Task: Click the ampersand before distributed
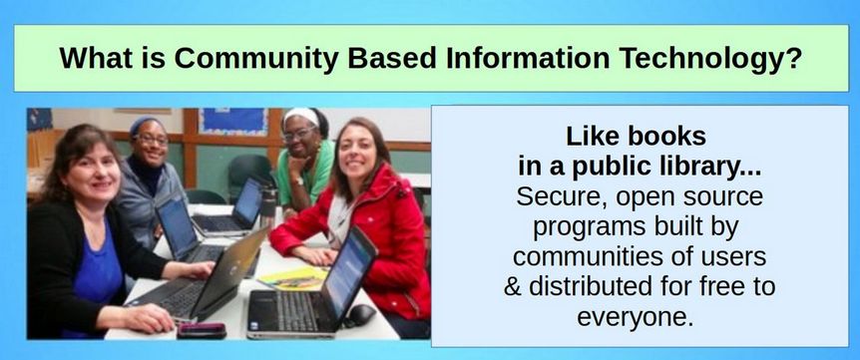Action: (512, 286)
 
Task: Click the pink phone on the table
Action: (202, 330)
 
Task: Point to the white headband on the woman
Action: (301, 115)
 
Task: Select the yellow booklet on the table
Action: (292, 278)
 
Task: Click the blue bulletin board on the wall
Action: (233, 121)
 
